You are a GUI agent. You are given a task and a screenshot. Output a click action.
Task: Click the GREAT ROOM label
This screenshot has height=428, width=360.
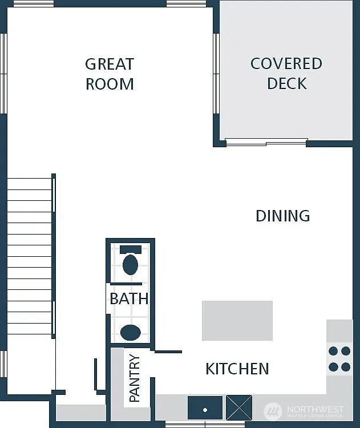click(110, 74)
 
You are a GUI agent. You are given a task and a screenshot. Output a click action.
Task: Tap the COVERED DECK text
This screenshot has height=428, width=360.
click(286, 73)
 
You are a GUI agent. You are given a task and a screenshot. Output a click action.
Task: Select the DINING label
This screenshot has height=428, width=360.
click(282, 216)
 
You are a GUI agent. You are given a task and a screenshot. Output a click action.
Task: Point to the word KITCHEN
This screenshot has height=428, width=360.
click(237, 369)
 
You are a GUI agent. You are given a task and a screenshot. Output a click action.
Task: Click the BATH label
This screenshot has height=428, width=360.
click(129, 298)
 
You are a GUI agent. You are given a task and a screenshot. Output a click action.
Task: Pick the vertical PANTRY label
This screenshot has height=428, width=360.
click(135, 378)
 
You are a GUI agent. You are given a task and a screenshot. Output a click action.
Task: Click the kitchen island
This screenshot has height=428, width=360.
click(237, 321)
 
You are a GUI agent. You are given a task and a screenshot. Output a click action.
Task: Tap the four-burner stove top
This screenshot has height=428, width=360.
click(339, 359)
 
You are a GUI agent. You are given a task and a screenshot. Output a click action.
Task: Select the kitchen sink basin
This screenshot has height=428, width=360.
click(205, 407)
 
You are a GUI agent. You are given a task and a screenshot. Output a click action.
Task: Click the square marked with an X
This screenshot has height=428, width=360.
click(239, 407)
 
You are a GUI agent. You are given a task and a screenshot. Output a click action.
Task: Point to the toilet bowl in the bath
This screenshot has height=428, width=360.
click(131, 265)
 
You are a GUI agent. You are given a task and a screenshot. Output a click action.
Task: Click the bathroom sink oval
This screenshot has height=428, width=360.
click(131, 332)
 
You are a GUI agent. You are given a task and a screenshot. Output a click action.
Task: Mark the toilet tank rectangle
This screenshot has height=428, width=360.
click(131, 249)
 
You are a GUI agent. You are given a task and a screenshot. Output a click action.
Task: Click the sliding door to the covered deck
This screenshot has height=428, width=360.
click(266, 142)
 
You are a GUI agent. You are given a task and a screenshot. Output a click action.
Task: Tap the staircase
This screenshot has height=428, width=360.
click(30, 257)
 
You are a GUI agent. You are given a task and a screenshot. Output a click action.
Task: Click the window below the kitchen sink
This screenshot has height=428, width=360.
click(205, 424)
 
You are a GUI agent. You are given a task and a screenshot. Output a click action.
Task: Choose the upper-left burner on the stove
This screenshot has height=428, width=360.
click(334, 351)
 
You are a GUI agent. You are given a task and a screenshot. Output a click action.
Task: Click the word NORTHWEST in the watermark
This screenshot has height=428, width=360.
click(315, 409)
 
